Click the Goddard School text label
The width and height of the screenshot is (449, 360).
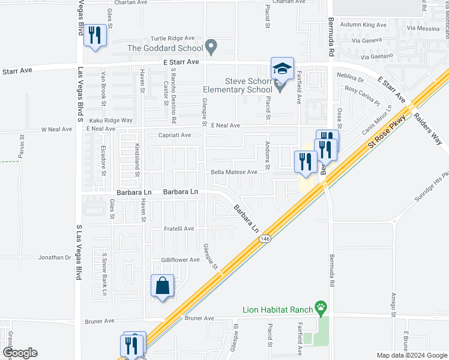[x=163, y=47]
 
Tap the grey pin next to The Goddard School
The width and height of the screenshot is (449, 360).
[x=211, y=46]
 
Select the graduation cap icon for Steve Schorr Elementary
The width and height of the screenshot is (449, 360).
[x=282, y=68]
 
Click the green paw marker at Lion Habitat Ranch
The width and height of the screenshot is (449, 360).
[x=322, y=309]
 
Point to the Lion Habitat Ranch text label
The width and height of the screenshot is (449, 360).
[x=277, y=310]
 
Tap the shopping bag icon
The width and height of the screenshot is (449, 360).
[x=163, y=287]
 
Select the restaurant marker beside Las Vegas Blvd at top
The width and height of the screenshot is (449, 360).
[x=95, y=35]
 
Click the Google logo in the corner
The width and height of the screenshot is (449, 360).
[x=20, y=353]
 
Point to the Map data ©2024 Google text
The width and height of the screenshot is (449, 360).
[x=411, y=355]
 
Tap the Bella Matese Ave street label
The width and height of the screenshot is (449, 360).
[x=234, y=172]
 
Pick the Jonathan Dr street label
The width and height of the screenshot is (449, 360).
[x=55, y=257]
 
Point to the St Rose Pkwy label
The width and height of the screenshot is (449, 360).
[x=387, y=131]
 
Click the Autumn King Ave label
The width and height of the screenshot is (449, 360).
[x=363, y=25]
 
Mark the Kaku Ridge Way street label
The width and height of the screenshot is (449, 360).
[x=111, y=120]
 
